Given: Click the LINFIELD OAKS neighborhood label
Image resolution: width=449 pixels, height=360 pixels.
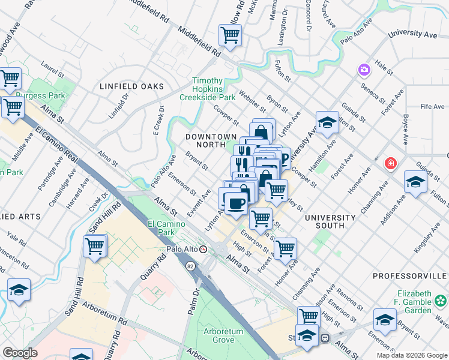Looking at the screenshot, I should point(131,86).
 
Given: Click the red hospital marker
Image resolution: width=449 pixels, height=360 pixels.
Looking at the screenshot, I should point(391,163).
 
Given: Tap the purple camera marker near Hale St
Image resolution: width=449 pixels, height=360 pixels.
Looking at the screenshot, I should point(364,70).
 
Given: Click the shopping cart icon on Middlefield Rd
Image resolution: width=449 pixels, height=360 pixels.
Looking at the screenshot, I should point(230,35).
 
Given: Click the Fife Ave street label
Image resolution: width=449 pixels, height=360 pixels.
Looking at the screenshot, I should point(432,106).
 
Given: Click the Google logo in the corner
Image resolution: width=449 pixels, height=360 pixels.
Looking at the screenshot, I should point(20,353).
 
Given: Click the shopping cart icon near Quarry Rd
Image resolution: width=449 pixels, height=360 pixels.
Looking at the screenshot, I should point(95,246).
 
